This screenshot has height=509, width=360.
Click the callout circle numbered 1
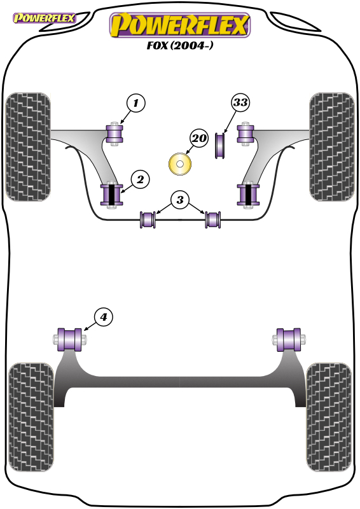coord(135,103)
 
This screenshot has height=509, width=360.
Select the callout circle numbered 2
coord(140,179)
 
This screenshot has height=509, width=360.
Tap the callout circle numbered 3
coord(180,200)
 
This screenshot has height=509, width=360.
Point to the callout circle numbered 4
coord(104,317)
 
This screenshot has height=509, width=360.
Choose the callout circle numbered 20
coord(198,138)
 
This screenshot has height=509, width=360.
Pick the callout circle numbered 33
coord(240,102)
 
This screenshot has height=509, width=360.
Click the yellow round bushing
coord(180,164)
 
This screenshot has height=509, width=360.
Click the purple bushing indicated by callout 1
coord(115,134)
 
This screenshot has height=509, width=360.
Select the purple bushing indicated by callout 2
coord(112,195)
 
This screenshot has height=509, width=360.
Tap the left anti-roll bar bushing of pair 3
coord(148,220)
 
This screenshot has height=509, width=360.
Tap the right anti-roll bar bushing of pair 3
coord(213,220)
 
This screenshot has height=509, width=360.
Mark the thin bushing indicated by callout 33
coord(221,146)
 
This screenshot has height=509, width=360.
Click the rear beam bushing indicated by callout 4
coord(70,340)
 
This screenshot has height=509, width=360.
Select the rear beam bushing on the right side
coord(289,340)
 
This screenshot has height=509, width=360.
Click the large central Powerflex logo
coord(180,25)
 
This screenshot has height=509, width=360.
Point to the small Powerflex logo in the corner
coord(44,18)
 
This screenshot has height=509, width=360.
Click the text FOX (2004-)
coord(180,45)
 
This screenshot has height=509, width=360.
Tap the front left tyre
coord(29,147)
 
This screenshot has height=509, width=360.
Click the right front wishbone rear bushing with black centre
coord(248,195)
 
